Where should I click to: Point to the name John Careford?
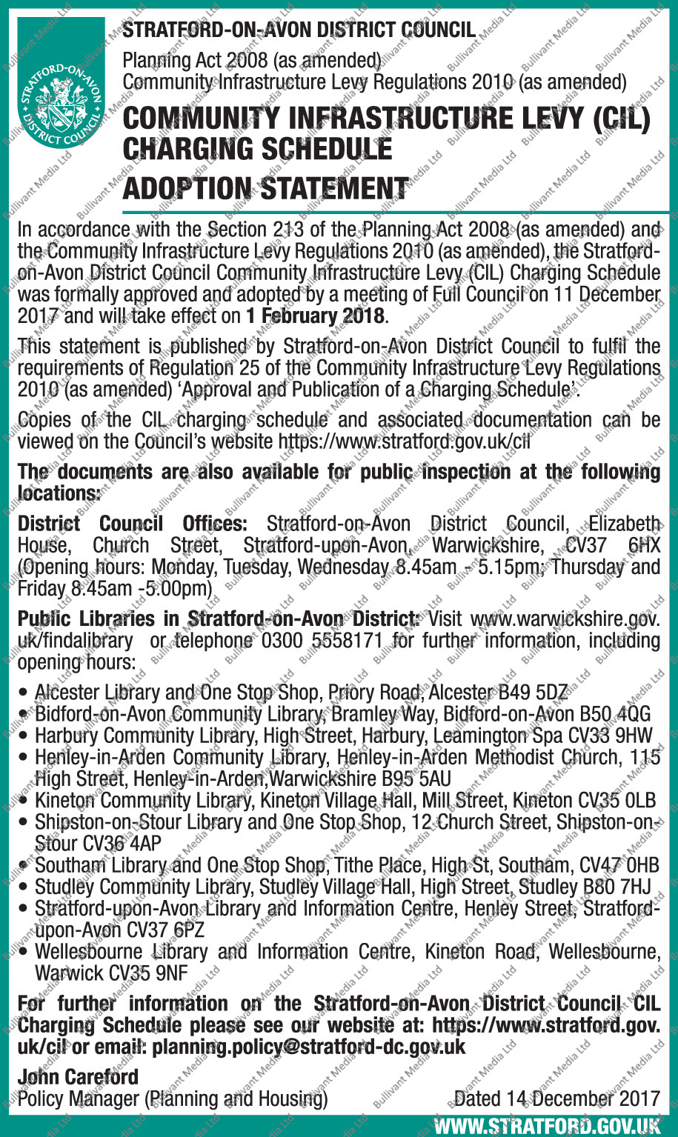(x=78, y=1076)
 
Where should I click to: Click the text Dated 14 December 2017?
(x=556, y=1098)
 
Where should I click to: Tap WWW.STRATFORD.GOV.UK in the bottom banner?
(x=547, y=1127)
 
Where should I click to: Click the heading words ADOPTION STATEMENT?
(x=265, y=188)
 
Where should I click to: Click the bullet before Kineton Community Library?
(x=25, y=801)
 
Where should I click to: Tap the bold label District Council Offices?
(x=132, y=524)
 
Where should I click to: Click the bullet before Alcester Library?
(x=25, y=693)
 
